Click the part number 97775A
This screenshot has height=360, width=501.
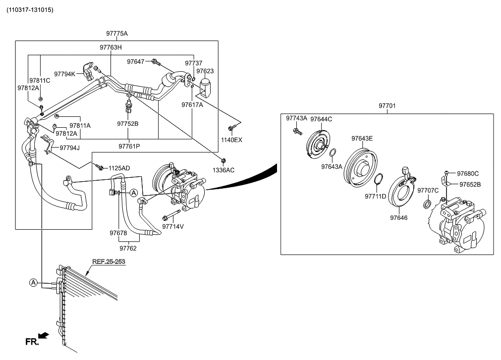coord(116,34)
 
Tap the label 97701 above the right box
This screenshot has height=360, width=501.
coord(387,105)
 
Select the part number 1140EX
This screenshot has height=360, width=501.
coord(231,140)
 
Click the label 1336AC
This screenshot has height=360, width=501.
coord(223,170)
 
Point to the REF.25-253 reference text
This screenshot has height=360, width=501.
coord(109,261)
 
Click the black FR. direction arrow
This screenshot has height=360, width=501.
coord(43,335)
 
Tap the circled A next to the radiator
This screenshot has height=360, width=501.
coord(33,282)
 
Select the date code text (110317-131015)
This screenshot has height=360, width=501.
coord(30,10)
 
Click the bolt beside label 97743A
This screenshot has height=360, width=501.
coord(297,131)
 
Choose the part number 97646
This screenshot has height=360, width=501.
coord(398,218)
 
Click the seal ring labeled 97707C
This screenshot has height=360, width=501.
coord(427,204)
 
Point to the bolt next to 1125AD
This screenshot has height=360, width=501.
coord(100,167)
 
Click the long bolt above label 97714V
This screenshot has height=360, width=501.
coord(171,215)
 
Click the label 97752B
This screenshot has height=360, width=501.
coord(127,124)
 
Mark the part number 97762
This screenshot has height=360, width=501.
coord(128,248)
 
